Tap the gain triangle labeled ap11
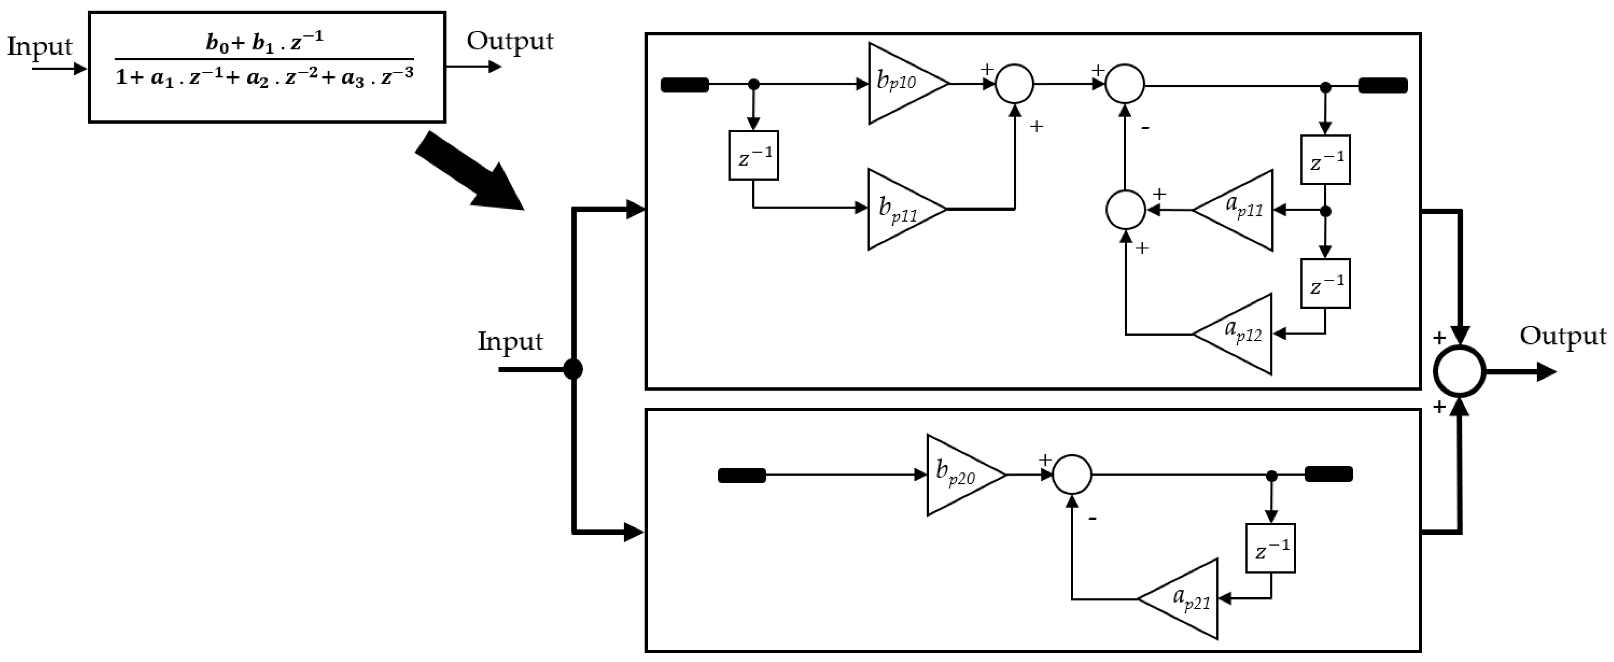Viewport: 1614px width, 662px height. [1240, 211]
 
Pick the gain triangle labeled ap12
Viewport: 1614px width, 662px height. [1240, 334]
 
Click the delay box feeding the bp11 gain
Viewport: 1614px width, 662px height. [753, 155]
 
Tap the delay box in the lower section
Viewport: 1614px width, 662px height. [1270, 548]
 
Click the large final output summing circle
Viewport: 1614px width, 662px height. [1459, 372]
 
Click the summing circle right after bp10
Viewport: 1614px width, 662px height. [1014, 83]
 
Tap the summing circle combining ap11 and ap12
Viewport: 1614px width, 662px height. [1125, 211]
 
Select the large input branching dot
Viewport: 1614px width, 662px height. [573, 369]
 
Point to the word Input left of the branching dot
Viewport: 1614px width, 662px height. [509, 341]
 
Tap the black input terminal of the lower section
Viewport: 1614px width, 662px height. [741, 475]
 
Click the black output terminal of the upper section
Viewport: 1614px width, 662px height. [1383, 85]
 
